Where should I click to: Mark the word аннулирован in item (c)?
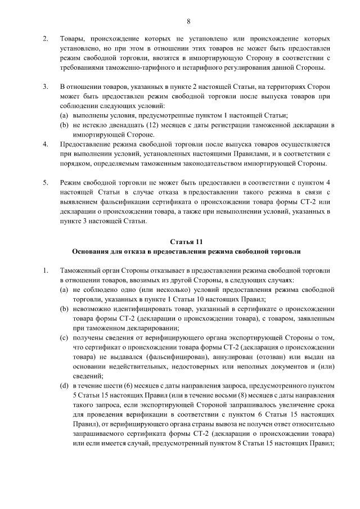(222, 357)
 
